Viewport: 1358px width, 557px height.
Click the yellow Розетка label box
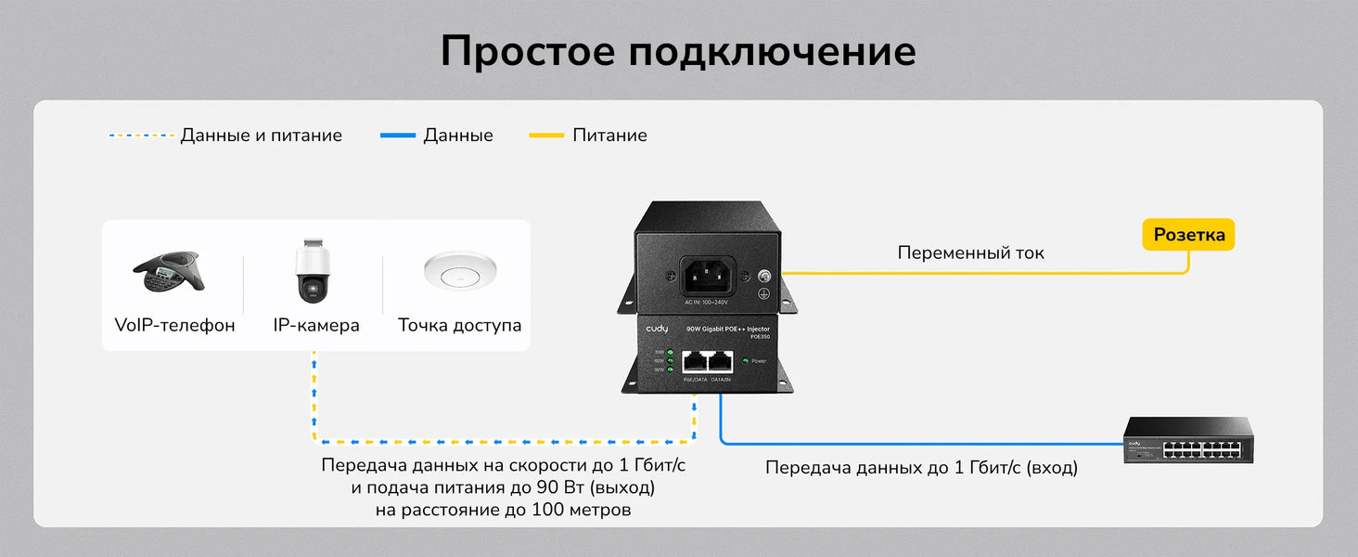tap(1188, 235)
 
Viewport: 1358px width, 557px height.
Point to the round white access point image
tap(459, 271)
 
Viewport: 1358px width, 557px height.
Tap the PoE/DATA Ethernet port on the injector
tap(695, 363)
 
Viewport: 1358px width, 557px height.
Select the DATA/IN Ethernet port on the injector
tap(720, 363)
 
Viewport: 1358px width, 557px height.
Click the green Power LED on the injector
tap(745, 360)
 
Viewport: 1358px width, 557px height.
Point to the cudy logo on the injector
tap(657, 330)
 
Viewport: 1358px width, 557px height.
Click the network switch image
tap(1188, 441)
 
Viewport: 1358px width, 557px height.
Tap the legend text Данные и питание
tap(261, 136)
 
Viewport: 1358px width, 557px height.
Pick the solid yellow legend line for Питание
tap(545, 136)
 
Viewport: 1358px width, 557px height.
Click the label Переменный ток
tap(970, 253)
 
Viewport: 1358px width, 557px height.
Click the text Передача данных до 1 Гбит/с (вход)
tap(921, 468)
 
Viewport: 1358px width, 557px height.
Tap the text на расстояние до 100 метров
tap(503, 510)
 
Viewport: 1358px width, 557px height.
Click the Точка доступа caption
tap(459, 326)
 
